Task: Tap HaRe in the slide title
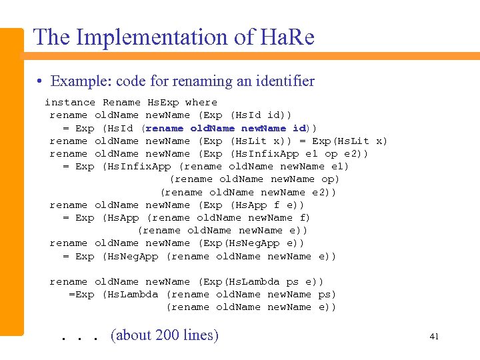click(x=283, y=37)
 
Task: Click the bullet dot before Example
click(x=41, y=82)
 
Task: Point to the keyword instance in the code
click(x=70, y=103)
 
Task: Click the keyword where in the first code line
click(x=201, y=103)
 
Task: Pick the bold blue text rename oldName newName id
click(x=226, y=128)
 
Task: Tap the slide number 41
click(x=434, y=337)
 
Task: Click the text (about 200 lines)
click(x=164, y=335)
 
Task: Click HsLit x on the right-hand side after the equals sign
click(x=359, y=141)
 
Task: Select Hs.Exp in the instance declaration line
click(x=163, y=103)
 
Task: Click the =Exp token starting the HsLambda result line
click(x=81, y=295)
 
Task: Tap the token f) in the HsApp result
click(x=305, y=218)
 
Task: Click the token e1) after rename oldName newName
click(x=337, y=167)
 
